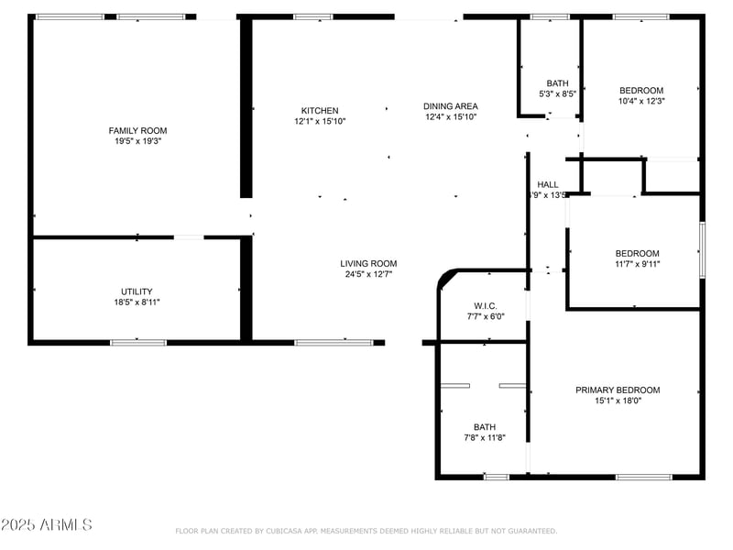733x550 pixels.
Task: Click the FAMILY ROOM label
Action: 137,131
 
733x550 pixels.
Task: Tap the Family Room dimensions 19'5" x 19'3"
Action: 137,142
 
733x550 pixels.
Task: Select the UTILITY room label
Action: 137,291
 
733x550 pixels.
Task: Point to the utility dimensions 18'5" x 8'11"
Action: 137,302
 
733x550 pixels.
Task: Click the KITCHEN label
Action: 320,111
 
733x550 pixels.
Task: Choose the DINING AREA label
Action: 451,106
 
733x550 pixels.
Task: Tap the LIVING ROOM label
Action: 370,264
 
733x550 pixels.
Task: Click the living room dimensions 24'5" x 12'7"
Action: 370,275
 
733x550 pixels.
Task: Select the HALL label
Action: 548,184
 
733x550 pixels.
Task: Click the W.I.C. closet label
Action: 486,306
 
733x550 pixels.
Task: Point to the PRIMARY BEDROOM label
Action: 617,390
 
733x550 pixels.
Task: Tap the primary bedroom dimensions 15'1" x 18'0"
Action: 617,401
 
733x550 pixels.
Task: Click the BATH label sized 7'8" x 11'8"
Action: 485,427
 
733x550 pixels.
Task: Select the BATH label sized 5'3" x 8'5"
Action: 557,83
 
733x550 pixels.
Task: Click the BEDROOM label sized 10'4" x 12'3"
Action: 641,90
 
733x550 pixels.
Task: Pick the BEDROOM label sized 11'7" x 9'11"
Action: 637,254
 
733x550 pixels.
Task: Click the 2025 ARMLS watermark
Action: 47,525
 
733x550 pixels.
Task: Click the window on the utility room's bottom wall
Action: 138,343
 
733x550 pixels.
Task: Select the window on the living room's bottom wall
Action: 334,343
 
